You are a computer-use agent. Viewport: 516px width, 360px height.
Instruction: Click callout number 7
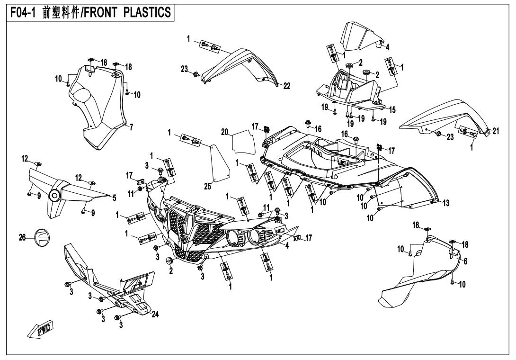tap(131, 127)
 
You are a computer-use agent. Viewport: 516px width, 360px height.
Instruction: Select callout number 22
tap(287, 86)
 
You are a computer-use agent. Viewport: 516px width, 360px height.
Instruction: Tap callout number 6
tap(466, 261)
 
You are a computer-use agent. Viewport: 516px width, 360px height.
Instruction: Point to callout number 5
tap(114, 199)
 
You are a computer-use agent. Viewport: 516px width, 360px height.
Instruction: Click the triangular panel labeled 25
tap(219, 163)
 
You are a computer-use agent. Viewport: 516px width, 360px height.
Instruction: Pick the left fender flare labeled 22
tap(241, 66)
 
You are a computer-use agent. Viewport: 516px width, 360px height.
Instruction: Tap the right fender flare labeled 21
tap(440, 114)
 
